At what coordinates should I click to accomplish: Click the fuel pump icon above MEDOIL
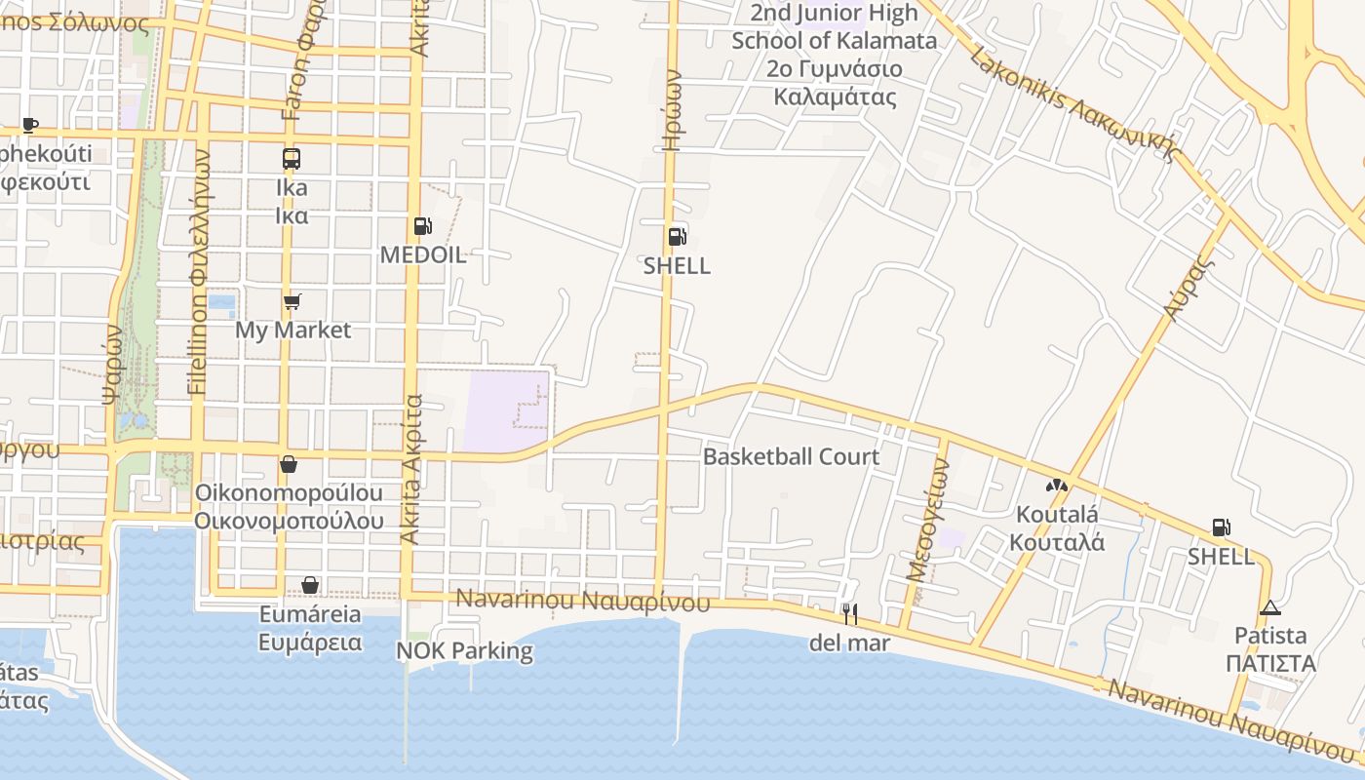[422, 226]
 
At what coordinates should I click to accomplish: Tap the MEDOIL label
[423, 255]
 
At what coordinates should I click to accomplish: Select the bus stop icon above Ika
[291, 159]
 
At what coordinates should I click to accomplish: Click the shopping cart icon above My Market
[292, 302]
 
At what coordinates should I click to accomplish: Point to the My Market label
[292, 331]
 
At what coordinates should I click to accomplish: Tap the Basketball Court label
[791, 456]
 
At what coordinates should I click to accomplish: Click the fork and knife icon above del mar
[850, 613]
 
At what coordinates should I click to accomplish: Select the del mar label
[849, 643]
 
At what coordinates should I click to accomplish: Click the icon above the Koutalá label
[1057, 485]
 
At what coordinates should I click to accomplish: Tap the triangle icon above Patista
[1269, 607]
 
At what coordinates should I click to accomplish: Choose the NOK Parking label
[465, 650]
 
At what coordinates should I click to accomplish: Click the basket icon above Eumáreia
[310, 585]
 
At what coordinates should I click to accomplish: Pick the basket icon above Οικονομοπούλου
[288, 464]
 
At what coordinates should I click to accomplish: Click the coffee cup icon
[29, 125]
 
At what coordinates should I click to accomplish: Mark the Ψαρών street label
[113, 363]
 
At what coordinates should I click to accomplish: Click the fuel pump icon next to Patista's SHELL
[1220, 527]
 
